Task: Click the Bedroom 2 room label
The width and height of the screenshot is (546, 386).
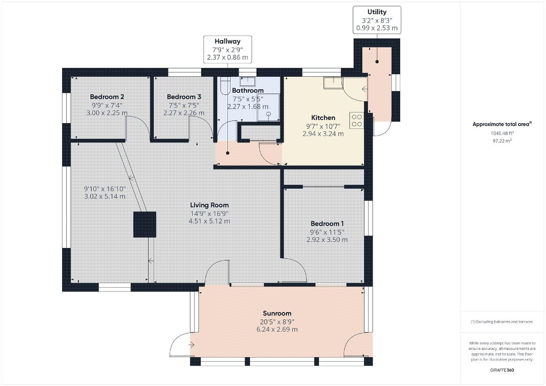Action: pos(107,97)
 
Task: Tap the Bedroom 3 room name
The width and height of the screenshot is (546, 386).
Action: pos(184,97)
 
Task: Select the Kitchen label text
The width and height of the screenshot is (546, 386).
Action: pos(323,118)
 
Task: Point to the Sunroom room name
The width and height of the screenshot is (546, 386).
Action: pos(277,313)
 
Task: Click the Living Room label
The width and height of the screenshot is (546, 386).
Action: pos(209,205)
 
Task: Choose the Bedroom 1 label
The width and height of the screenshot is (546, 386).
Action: pos(327,223)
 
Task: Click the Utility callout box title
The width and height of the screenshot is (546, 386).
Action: pos(377,12)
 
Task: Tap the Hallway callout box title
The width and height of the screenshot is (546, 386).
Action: pos(227,41)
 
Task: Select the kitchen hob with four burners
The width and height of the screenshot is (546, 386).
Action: pos(357,120)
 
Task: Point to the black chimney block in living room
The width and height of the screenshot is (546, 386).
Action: pos(145,224)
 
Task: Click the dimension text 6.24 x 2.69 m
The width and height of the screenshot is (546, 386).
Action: pos(277,329)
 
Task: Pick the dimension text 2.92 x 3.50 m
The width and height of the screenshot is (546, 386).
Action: pos(327,240)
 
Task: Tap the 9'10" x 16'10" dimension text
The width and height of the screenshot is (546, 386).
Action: pos(105,189)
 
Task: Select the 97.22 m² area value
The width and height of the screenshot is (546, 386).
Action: pos(502,141)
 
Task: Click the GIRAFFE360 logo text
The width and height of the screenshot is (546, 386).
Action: pos(502,370)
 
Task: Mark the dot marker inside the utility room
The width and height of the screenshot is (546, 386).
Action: pos(377,62)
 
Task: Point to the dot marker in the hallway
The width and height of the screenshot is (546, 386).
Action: pos(227,153)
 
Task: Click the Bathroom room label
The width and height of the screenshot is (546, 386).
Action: pos(248,90)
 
